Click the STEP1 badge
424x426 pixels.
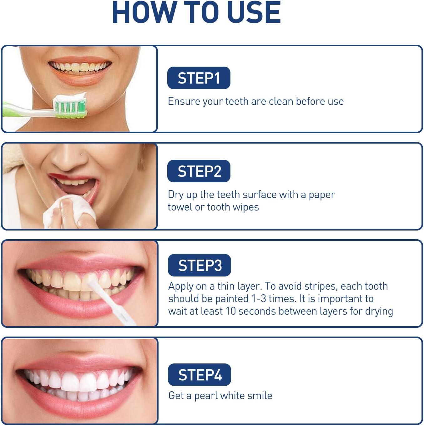point(199,78)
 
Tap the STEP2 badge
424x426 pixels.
point(199,171)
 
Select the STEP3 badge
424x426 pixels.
point(199,265)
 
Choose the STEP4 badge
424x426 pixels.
point(199,374)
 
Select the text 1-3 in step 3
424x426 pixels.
point(259,299)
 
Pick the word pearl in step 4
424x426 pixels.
point(206,396)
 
